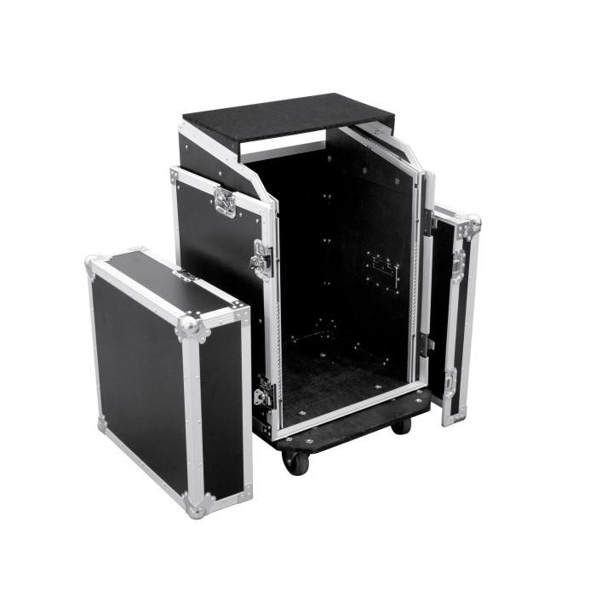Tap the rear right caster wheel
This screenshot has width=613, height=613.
click(x=400, y=425)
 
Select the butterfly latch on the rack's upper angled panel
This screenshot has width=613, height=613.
click(x=225, y=202)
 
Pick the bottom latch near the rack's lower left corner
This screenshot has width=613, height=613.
click(x=263, y=395)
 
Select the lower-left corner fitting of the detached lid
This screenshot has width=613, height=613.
click(x=103, y=422)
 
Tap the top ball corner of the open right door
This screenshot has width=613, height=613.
click(x=472, y=224)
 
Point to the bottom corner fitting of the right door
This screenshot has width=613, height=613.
click(x=454, y=417)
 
